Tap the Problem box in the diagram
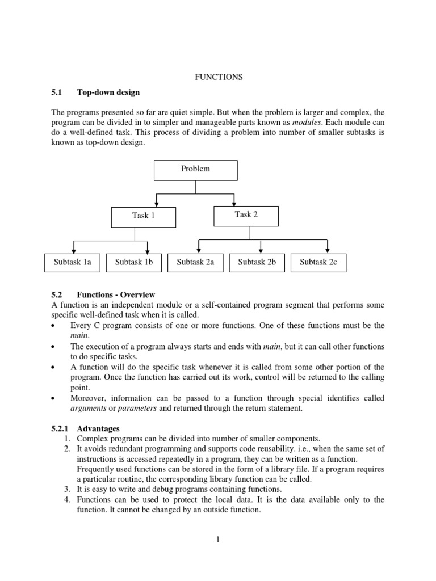coord(195,169)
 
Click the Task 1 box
coord(144,216)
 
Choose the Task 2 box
coord(246,215)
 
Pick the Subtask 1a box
coord(72,262)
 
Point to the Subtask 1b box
coord(134,262)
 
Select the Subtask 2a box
coord(195,262)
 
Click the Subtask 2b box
coord(257,262)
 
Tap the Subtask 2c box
coord(318,262)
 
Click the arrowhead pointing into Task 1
coord(156,204)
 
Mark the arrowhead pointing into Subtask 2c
coord(328,250)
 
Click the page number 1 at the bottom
coord(217,540)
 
